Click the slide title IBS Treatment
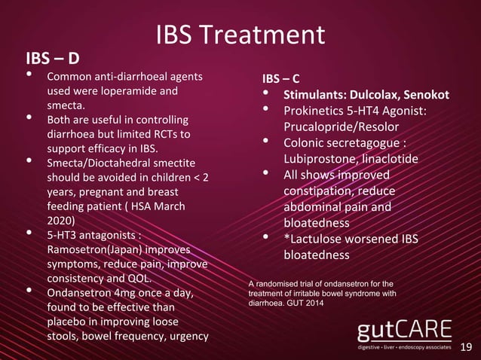(240, 35)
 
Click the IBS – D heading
(53, 58)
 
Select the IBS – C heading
(280, 78)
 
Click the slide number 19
(466, 347)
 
